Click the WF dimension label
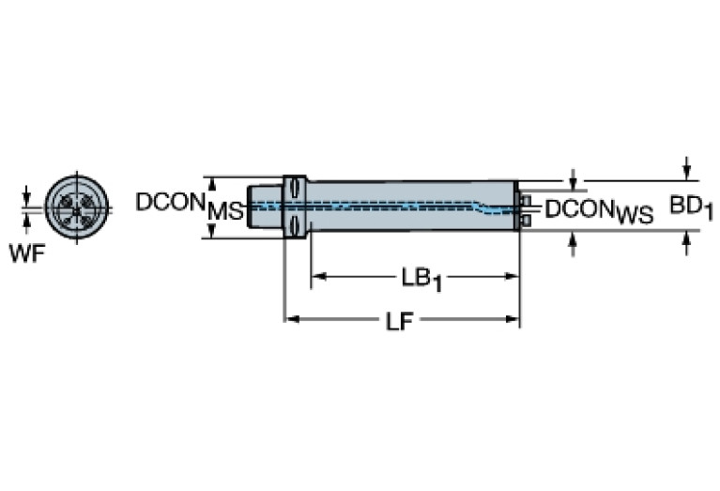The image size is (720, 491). click(26, 253)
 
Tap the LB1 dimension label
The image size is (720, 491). click(414, 278)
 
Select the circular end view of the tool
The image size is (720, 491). click(77, 205)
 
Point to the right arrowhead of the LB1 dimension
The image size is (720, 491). click(513, 277)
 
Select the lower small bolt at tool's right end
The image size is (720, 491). click(526, 220)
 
